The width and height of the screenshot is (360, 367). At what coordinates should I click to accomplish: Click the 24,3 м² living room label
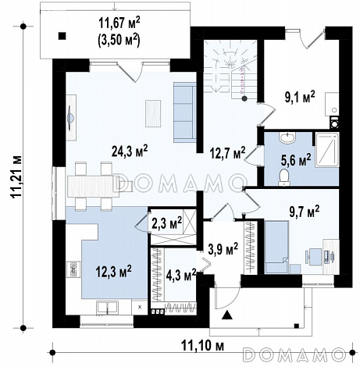tap(130, 151)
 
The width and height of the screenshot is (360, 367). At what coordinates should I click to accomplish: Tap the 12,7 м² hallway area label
tap(228, 153)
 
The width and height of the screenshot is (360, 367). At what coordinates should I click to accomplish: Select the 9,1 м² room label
tap(300, 97)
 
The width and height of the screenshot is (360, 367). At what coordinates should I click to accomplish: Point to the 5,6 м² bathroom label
tap(296, 160)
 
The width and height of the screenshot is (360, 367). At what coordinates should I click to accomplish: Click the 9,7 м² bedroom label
tap(305, 211)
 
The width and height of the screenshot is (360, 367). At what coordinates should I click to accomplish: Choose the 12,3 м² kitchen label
tap(114, 272)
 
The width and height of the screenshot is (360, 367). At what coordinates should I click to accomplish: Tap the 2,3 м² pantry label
tap(166, 223)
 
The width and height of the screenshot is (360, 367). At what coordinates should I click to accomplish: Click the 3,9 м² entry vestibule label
tap(223, 249)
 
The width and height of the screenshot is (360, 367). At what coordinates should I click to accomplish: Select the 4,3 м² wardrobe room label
tap(181, 276)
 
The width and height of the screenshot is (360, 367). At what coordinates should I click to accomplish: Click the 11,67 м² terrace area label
tap(119, 23)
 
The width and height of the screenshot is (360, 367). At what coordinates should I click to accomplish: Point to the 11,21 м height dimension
tap(16, 176)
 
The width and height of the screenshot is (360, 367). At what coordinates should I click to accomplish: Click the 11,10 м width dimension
tap(202, 346)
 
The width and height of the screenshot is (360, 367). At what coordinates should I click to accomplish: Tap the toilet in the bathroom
tap(284, 177)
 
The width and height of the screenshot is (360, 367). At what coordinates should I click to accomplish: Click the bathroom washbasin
tap(287, 137)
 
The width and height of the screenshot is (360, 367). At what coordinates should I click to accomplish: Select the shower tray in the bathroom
tap(327, 150)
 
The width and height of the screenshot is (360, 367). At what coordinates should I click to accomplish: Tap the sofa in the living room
tap(185, 112)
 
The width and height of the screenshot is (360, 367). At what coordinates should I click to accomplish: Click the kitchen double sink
tap(107, 307)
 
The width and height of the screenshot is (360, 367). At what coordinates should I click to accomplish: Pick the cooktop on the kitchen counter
tap(73, 269)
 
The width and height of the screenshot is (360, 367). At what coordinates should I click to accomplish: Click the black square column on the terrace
tap(62, 36)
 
